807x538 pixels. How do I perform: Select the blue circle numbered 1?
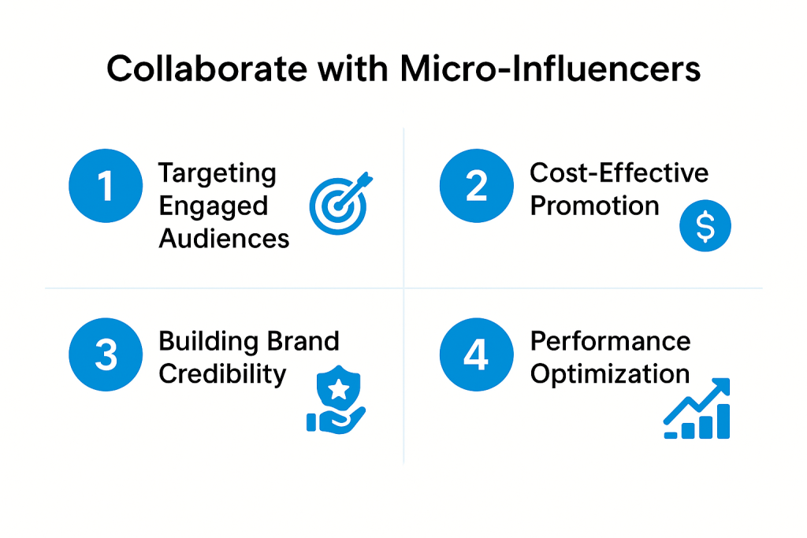(106, 187)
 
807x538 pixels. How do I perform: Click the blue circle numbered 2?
(475, 187)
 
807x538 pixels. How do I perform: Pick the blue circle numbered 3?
(106, 355)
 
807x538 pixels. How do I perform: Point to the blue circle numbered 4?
(475, 355)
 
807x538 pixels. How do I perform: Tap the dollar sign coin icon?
(705, 226)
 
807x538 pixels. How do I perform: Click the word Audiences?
(224, 238)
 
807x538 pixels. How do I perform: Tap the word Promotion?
(594, 206)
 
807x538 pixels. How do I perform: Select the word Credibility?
(221, 374)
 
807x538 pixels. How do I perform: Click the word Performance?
(610, 341)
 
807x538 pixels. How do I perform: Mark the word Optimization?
(609, 373)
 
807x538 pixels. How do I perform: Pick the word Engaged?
(213, 206)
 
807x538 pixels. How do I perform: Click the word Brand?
(303, 341)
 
